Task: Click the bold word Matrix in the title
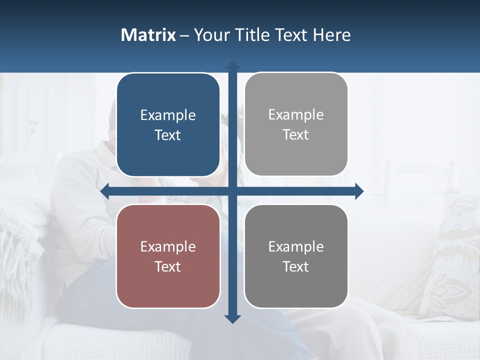[x=148, y=35]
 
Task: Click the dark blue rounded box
[x=168, y=125]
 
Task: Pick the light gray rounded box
[x=296, y=124]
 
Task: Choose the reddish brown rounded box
[x=168, y=256]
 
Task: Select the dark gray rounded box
[x=296, y=256]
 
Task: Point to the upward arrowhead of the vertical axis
[x=232, y=65]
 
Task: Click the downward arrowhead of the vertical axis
[x=232, y=318]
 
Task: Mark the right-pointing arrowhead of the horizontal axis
[x=359, y=191]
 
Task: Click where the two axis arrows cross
[x=232, y=191]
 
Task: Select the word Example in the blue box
[x=168, y=115]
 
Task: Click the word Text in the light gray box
[x=296, y=135]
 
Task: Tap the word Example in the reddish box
[x=168, y=247]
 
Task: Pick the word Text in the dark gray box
[x=296, y=266]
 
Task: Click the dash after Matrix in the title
[x=184, y=35]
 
